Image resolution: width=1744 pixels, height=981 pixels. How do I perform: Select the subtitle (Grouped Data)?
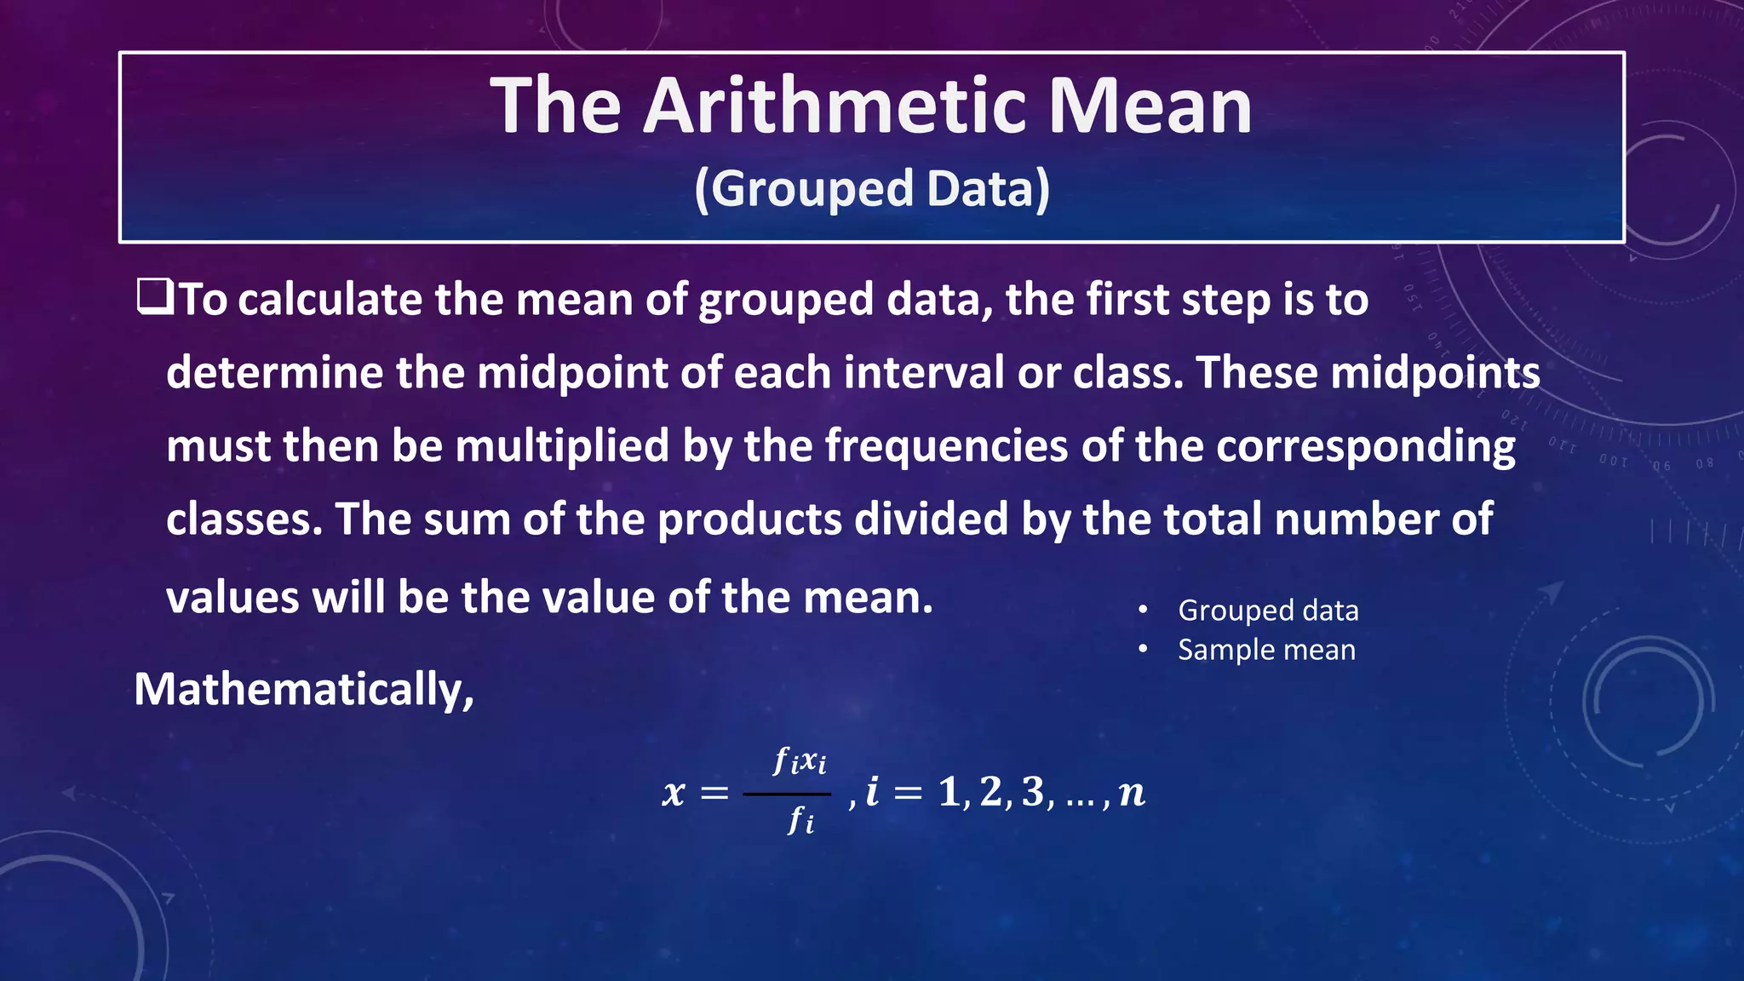872,188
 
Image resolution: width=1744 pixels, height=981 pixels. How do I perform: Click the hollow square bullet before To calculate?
155,297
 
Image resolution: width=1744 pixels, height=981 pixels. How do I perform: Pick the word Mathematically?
303,689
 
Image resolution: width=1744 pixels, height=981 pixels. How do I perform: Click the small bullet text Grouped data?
1268,611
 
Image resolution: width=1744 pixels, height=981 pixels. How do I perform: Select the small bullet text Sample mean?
1266,650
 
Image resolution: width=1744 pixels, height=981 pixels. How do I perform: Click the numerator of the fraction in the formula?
799,760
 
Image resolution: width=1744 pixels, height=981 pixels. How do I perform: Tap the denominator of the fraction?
800,821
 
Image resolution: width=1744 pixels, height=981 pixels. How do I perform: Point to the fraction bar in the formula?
786,794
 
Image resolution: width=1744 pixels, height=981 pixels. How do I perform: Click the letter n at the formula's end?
1132,794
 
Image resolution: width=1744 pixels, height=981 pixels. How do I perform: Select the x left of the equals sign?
674,794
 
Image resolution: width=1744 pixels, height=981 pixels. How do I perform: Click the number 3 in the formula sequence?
1033,792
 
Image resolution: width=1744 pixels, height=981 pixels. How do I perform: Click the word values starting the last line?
232,598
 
